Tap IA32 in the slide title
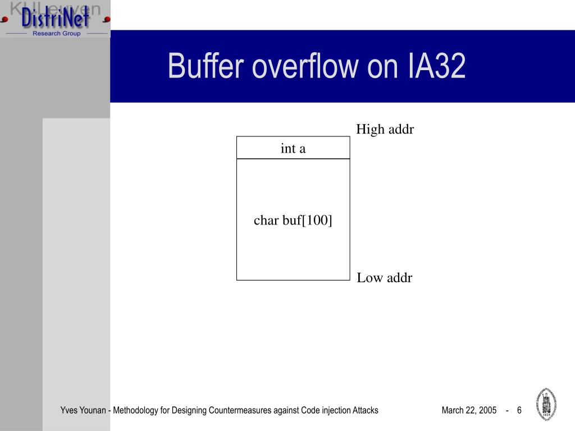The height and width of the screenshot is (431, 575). (436, 66)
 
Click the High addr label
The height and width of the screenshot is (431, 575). (385, 130)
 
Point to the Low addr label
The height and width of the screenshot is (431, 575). (384, 278)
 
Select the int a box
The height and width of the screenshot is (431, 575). (293, 148)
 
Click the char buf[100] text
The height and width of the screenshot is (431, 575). (293, 221)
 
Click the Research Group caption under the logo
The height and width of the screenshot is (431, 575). (56, 34)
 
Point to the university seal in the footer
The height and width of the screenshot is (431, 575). (546, 404)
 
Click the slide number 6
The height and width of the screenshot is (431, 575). (519, 410)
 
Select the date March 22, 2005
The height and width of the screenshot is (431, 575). (469, 410)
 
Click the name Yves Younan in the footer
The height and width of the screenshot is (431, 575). (83, 410)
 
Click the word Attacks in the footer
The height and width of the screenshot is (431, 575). (365, 410)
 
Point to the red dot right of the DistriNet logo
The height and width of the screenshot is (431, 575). (106, 19)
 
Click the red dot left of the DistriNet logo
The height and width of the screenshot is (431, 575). (4, 19)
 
